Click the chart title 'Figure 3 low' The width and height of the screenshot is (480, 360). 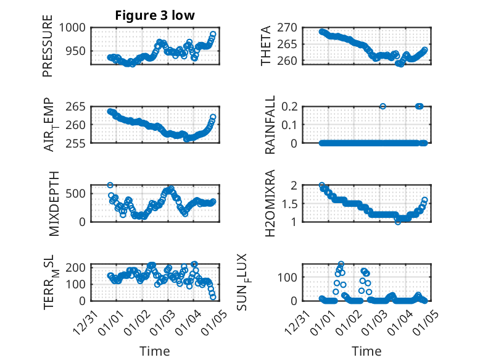pyautogui.click(x=155, y=16)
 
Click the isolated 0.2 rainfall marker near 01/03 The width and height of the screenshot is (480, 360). pyautogui.click(x=383, y=106)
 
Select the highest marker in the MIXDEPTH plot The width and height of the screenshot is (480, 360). pyautogui.click(x=110, y=185)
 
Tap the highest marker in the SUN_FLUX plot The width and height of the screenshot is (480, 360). pyautogui.click(x=341, y=264)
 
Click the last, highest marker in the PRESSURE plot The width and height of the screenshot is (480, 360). pyautogui.click(x=213, y=35)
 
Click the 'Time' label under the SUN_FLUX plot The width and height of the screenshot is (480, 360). pyautogui.click(x=366, y=351)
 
